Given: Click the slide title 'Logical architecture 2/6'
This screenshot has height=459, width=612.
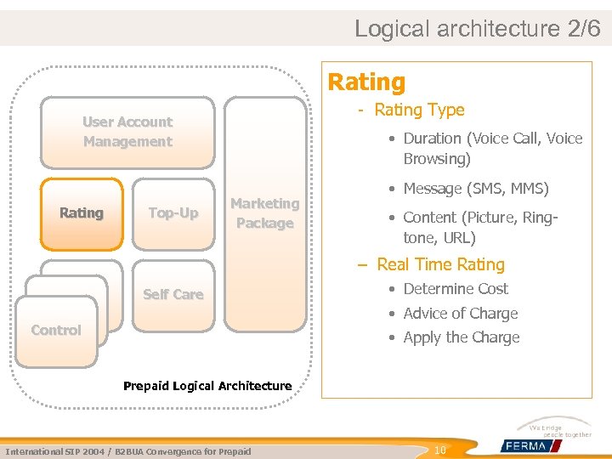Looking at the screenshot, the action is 477,28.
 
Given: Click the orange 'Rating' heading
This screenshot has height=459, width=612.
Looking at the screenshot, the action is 366,82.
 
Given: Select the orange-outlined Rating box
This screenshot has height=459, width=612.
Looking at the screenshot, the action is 82,213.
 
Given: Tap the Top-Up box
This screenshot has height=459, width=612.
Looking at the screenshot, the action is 173,213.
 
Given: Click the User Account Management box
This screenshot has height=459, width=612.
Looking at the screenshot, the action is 127,132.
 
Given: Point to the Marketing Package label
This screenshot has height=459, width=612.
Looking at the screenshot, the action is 264,213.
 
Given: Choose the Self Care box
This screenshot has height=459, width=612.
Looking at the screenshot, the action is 173,294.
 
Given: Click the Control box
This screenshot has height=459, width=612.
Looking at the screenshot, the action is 56,330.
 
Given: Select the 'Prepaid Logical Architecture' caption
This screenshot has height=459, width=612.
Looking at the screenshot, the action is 207,386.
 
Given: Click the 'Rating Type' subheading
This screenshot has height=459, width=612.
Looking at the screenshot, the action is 419,110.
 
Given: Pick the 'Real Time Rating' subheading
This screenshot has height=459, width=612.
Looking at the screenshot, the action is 440,264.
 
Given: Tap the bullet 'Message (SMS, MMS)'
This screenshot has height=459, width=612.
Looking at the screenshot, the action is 476,188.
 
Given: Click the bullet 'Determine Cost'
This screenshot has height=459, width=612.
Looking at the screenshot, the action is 456,289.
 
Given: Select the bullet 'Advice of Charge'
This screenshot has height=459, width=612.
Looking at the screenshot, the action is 460,313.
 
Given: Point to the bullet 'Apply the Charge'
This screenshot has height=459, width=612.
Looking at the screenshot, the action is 461,337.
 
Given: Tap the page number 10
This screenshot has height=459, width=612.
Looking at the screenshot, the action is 440,450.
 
